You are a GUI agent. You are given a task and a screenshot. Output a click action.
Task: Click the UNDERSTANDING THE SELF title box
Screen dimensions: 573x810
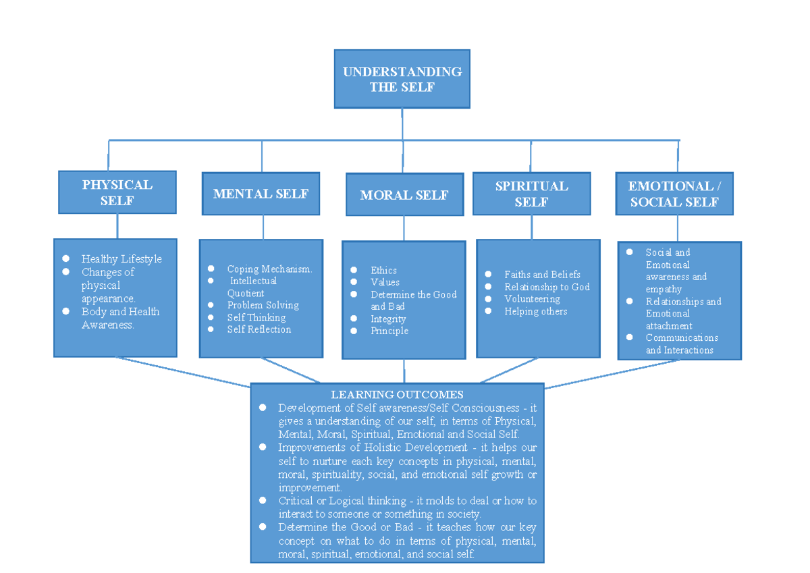402,79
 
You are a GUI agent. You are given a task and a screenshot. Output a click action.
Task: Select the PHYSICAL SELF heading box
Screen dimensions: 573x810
117,192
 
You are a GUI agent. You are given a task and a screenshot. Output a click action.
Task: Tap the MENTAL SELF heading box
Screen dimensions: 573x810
261,194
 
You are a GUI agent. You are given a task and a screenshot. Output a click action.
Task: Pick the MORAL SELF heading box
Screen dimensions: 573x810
404,195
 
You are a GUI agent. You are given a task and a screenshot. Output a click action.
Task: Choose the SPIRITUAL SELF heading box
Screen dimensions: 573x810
531,194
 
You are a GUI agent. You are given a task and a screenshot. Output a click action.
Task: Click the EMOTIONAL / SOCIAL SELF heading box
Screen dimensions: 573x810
674,194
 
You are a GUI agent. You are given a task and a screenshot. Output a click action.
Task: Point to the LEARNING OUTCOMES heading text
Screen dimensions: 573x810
397,395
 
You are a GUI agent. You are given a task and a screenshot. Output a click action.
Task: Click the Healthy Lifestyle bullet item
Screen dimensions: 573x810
122,259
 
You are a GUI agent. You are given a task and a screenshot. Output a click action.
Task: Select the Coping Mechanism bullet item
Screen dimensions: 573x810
269,269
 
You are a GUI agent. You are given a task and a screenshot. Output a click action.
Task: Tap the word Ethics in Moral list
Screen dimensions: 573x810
383,271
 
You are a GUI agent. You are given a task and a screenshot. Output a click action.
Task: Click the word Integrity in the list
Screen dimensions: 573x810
388,319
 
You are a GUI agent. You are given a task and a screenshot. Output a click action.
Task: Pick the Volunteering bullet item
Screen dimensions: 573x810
532,299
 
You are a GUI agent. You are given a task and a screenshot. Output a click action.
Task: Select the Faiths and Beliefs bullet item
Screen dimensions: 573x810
542,275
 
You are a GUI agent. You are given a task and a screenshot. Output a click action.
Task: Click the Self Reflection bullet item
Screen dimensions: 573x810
259,329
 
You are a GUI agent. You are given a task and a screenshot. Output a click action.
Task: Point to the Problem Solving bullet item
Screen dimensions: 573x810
263,305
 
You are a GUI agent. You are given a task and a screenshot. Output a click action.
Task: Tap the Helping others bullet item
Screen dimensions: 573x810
535,311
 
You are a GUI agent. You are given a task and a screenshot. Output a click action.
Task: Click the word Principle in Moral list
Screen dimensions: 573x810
389,331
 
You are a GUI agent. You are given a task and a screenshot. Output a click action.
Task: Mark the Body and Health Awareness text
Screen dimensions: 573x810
120,318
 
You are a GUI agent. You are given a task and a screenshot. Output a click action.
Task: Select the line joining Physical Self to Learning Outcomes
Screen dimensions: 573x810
182,372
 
